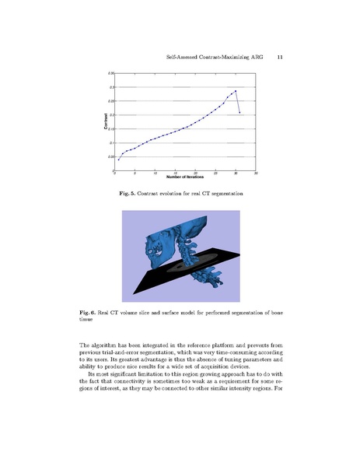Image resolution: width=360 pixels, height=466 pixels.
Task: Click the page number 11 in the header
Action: click(278, 57)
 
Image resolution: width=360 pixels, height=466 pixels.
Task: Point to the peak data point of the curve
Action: click(235, 91)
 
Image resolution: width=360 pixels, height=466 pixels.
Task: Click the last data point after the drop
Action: click(239, 113)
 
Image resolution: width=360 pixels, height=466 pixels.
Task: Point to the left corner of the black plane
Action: click(133, 291)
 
